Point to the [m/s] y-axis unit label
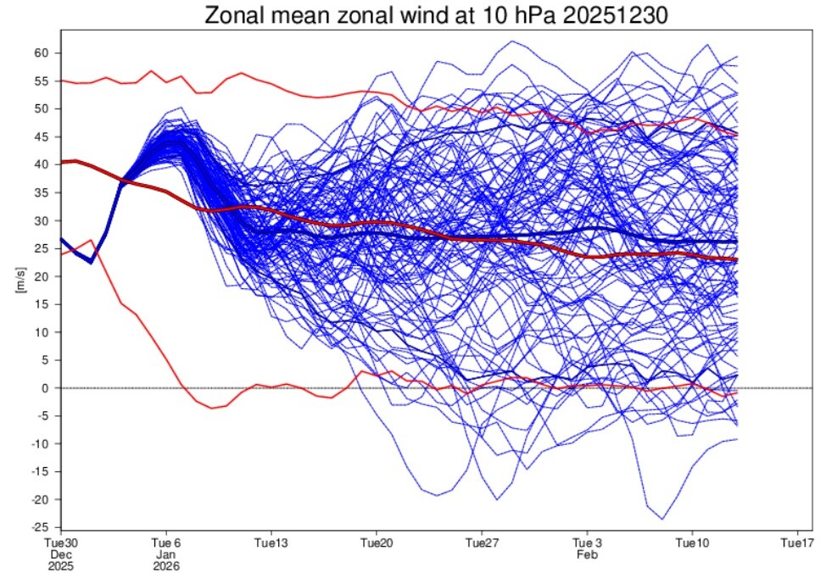(21, 281)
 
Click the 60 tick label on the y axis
(42, 53)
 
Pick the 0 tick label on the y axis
(45, 388)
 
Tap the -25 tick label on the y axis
(41, 527)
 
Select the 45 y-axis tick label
(42, 137)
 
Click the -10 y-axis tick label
(41, 444)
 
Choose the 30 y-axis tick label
(42, 220)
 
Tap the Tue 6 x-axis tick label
(166, 543)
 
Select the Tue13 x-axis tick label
(271, 543)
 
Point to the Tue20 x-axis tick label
(377, 543)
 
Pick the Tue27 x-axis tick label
(482, 543)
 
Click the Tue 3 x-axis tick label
(587, 543)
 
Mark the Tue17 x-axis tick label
(797, 543)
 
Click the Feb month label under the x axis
(587, 555)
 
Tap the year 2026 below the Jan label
(166, 567)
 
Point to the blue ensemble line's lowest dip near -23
(662, 520)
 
